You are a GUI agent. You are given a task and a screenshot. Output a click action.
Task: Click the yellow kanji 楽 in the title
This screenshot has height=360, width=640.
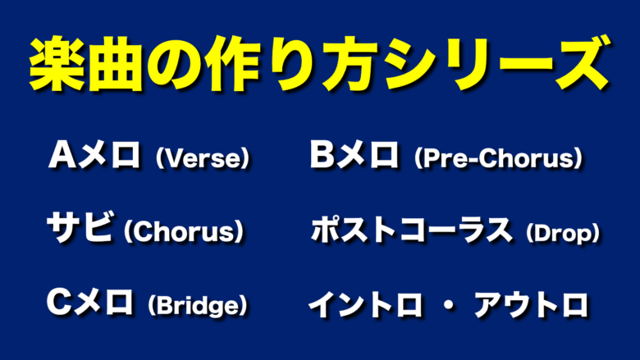[x=57, y=65]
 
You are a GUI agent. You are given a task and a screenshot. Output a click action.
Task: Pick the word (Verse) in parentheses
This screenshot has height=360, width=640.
[x=202, y=158]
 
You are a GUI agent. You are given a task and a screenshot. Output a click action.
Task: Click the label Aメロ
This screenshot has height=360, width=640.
[x=94, y=154]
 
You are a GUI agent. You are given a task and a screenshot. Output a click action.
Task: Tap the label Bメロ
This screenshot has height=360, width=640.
[x=354, y=154]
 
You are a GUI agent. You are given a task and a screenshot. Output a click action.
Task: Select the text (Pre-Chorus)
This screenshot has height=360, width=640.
[x=498, y=158]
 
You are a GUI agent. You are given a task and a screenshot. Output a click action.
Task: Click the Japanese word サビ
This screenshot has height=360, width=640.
[x=80, y=226]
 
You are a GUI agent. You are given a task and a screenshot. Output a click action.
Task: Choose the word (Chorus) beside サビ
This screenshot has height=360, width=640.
[x=184, y=231]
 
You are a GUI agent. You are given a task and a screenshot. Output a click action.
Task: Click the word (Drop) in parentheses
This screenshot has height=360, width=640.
[x=563, y=233]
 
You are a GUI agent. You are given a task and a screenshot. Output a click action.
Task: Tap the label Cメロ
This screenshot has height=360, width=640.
[x=89, y=302]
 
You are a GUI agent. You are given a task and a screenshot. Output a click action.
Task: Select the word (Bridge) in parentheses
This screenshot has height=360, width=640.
[x=198, y=306]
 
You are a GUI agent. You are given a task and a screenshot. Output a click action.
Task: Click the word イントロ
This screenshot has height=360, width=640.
[x=365, y=305]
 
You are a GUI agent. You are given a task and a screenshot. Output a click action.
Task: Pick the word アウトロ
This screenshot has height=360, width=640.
[x=531, y=305]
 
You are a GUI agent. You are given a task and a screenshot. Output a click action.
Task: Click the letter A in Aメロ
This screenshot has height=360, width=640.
[x=62, y=155]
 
